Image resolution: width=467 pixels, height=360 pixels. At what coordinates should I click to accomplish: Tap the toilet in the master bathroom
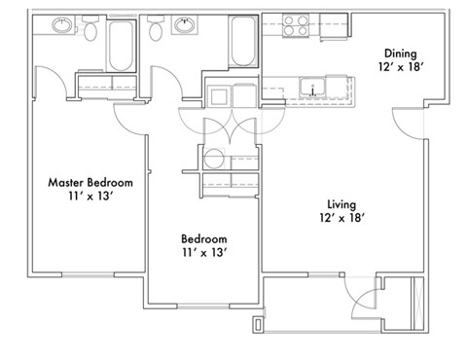pyautogui.click(x=90, y=31)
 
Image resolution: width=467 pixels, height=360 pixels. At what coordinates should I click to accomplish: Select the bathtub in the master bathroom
pyautogui.click(x=122, y=45)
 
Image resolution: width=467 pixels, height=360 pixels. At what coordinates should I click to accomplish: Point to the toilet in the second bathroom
pyautogui.click(x=156, y=31)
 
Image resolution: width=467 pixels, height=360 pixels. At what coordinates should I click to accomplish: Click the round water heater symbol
pyautogui.click(x=212, y=160)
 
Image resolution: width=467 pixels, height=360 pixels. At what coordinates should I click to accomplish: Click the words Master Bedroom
pyautogui.click(x=90, y=182)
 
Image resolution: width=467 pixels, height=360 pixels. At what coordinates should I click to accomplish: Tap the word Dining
pyautogui.click(x=400, y=54)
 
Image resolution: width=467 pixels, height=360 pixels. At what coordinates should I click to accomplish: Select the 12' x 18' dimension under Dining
pyautogui.click(x=400, y=70)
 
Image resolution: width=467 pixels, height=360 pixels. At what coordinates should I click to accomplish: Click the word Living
pyautogui.click(x=341, y=204)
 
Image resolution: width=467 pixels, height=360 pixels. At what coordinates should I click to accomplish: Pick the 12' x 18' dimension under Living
pyautogui.click(x=341, y=220)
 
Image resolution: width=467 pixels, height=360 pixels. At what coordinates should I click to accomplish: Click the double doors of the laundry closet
pyautogui.click(x=220, y=126)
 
